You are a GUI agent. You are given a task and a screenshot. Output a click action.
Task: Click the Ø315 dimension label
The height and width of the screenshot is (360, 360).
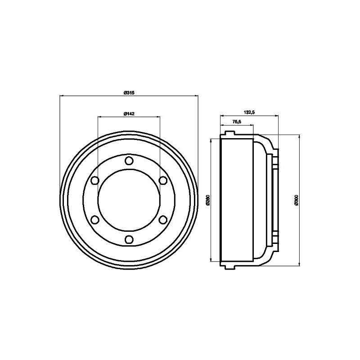129,93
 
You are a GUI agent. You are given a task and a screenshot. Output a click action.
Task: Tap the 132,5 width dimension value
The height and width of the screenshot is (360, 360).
248,112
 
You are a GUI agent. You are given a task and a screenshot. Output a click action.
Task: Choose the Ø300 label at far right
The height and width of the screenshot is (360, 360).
296,200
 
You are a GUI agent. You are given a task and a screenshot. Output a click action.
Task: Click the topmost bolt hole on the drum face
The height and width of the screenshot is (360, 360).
129,161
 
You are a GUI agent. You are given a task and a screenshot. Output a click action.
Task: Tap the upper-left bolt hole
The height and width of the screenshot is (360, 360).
95,180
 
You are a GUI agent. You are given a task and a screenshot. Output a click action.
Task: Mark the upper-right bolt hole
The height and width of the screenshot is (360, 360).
163,180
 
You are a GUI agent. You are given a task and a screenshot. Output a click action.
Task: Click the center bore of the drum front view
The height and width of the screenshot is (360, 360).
129,200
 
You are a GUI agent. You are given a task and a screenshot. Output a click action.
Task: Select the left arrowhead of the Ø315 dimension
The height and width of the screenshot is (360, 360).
62,95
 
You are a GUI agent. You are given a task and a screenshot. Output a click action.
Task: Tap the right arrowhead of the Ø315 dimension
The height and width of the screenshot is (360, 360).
196,95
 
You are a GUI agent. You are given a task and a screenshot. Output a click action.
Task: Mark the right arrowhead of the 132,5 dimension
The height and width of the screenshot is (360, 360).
277,116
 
